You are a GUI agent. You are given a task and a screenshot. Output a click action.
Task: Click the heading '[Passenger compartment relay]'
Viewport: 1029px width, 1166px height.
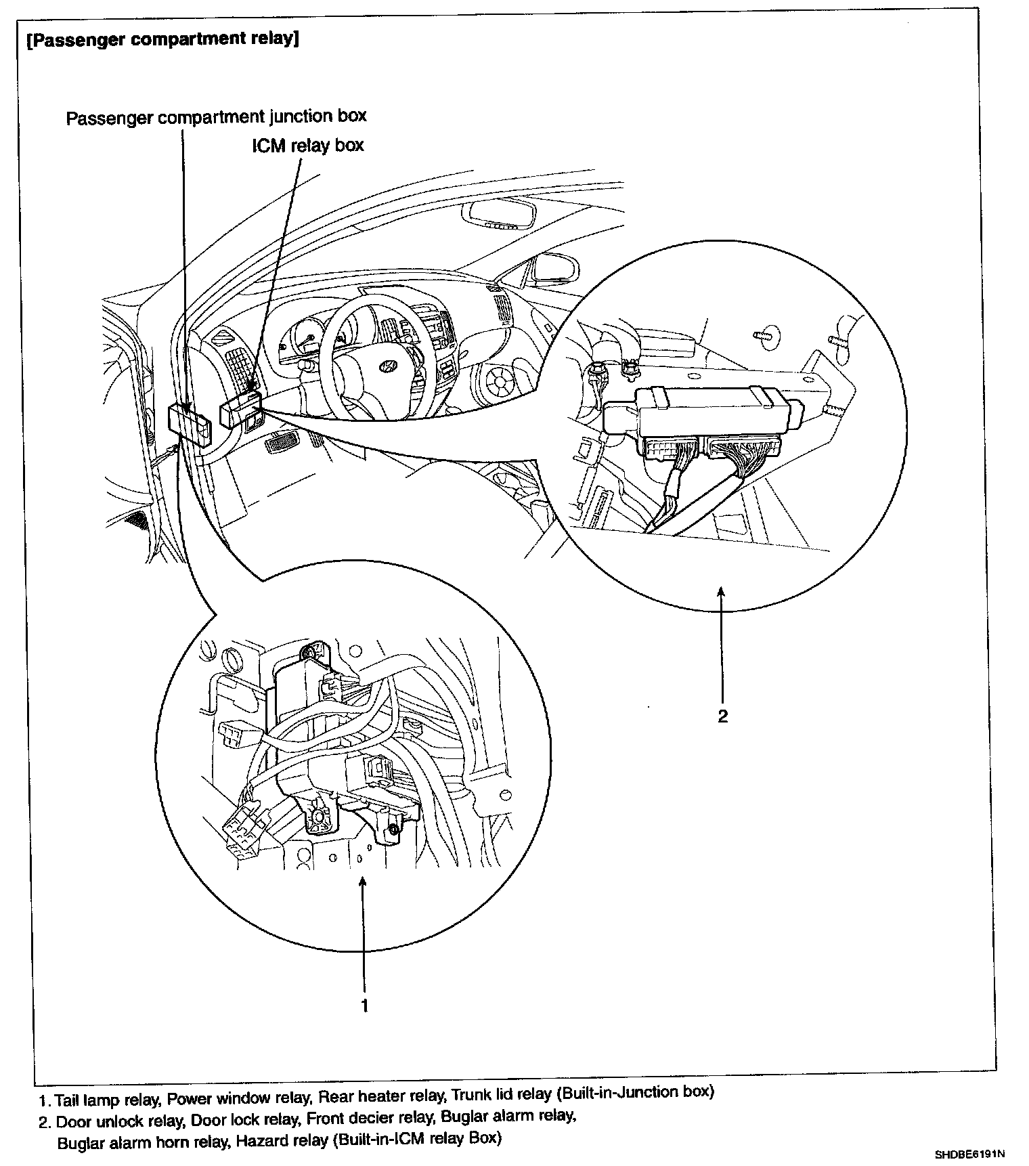coord(162,39)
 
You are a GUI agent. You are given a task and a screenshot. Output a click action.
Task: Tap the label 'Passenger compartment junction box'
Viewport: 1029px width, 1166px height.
coord(216,116)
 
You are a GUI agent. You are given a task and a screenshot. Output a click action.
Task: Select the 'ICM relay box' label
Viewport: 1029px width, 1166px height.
coord(308,145)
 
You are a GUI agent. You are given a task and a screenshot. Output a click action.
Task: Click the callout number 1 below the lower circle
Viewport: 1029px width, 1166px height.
coord(364,1006)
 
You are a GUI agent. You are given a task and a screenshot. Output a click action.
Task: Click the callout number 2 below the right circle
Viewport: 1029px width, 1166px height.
coord(722,716)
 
